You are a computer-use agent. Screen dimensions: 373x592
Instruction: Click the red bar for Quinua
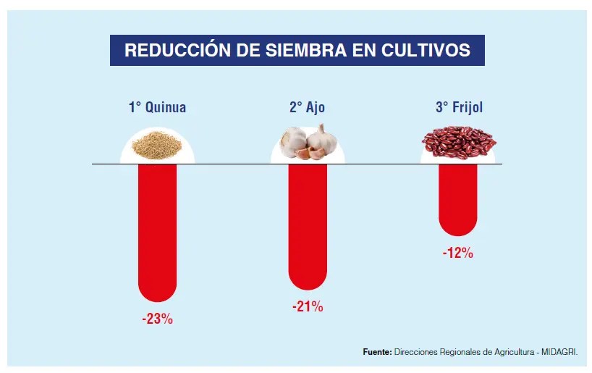[x=156, y=232]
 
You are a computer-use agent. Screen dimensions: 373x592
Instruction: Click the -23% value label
[x=157, y=318]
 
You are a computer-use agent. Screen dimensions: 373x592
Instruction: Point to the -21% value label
[x=308, y=306]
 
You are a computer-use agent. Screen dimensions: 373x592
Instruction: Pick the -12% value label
[x=458, y=253]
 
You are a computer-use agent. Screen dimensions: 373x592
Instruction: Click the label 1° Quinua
[x=157, y=108]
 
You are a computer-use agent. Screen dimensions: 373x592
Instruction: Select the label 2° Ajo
[x=308, y=108]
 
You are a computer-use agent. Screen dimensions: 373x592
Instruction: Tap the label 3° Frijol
[x=459, y=108]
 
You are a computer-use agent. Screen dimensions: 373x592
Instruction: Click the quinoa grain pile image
[x=157, y=144]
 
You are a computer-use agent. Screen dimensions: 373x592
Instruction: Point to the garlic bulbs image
[x=308, y=142]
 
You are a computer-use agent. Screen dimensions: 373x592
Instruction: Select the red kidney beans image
[x=459, y=142]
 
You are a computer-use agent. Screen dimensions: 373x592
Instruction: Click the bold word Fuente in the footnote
[x=376, y=352]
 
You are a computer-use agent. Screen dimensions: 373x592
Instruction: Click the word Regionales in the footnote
[x=457, y=352]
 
